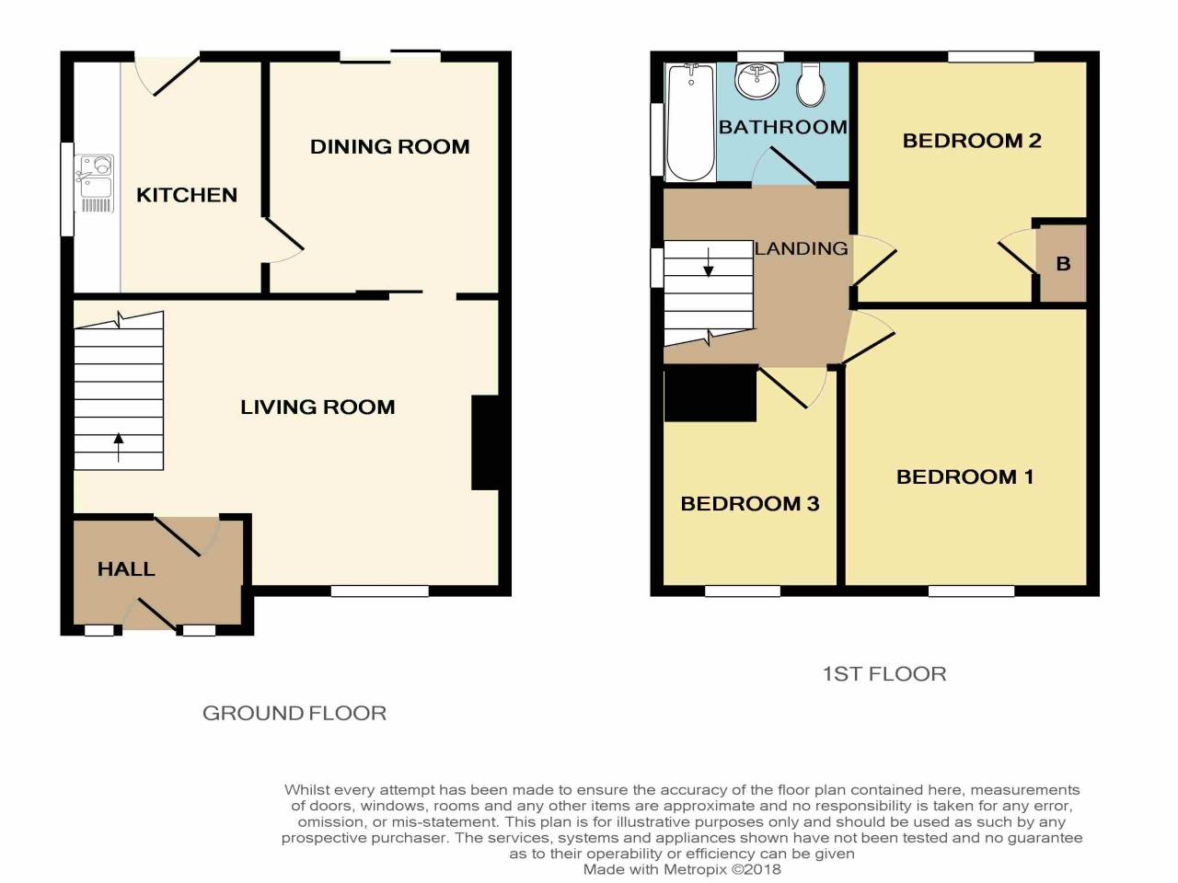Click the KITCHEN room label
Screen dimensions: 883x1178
187,195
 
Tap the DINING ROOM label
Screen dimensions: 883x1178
389,147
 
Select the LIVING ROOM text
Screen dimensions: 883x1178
318,407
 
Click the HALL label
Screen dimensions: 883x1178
126,569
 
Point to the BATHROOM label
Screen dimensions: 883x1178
782,127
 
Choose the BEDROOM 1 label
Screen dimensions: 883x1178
964,476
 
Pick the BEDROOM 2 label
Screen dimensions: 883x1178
972,141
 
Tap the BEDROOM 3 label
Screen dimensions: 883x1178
749,503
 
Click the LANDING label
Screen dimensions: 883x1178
802,248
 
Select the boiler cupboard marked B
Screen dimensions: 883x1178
1063,264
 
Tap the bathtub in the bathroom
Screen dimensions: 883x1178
690,122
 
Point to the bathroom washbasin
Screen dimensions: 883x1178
756,81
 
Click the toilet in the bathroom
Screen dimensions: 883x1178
810,85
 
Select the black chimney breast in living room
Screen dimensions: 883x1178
485,442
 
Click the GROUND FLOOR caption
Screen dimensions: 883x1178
294,713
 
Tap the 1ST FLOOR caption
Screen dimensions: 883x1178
883,674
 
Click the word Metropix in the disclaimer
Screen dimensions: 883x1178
696,869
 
